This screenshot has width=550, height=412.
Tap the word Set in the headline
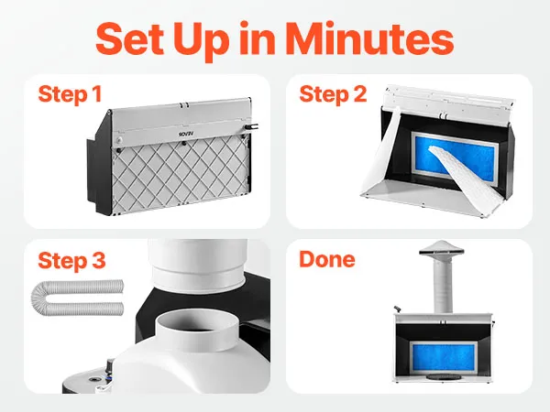click(130, 38)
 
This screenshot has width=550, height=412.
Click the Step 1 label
click(70, 94)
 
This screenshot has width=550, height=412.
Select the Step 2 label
click(333, 94)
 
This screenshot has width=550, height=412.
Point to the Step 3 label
click(71, 261)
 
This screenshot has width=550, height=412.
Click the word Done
click(327, 259)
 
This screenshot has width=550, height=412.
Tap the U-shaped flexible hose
click(78, 298)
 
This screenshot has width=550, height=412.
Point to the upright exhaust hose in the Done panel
click(443, 284)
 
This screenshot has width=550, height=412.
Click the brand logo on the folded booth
click(184, 134)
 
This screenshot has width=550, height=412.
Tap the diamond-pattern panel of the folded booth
click(181, 175)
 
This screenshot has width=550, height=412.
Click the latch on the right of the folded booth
click(250, 126)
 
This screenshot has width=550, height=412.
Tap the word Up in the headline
click(202, 40)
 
